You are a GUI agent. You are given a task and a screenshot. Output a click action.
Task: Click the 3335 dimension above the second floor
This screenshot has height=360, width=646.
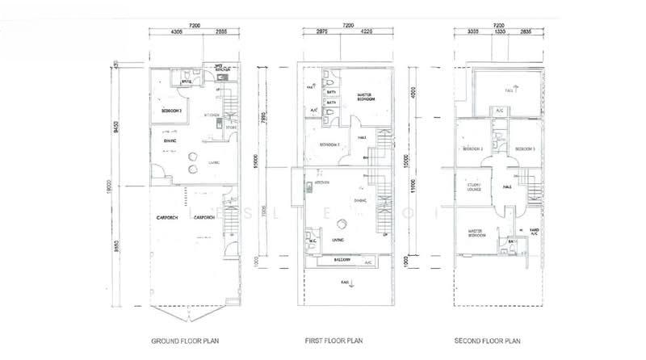click(475, 32)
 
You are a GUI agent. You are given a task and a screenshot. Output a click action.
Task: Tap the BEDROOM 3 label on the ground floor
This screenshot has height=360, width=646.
click(170, 109)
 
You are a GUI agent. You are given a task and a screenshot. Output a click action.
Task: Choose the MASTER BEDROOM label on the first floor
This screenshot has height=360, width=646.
click(368, 98)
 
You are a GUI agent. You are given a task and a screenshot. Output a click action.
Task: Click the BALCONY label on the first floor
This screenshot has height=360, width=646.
click(335, 262)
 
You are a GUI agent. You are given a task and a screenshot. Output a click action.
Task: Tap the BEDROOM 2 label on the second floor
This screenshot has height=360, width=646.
click(472, 149)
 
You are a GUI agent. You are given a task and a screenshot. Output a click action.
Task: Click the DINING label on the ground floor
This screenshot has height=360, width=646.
click(171, 140)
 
